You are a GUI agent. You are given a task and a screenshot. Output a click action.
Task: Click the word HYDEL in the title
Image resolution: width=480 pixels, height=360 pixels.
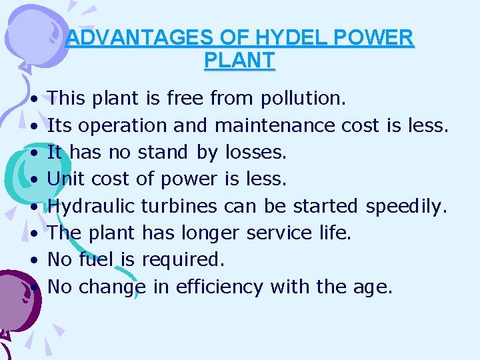[x=275, y=38]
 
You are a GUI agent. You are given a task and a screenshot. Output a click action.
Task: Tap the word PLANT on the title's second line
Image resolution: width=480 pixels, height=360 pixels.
[x=239, y=61]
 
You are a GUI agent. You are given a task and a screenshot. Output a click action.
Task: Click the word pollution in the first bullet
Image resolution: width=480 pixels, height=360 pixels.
[x=303, y=99]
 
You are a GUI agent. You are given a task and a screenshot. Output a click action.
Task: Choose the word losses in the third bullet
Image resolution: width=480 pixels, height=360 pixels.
[x=256, y=153]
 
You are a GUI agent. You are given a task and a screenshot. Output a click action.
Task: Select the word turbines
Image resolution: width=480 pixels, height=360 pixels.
[x=179, y=207]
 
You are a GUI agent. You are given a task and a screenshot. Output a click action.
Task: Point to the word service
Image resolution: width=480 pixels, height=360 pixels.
[x=279, y=233]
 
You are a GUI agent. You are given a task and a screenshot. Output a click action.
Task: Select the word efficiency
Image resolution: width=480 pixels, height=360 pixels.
[x=213, y=287]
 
